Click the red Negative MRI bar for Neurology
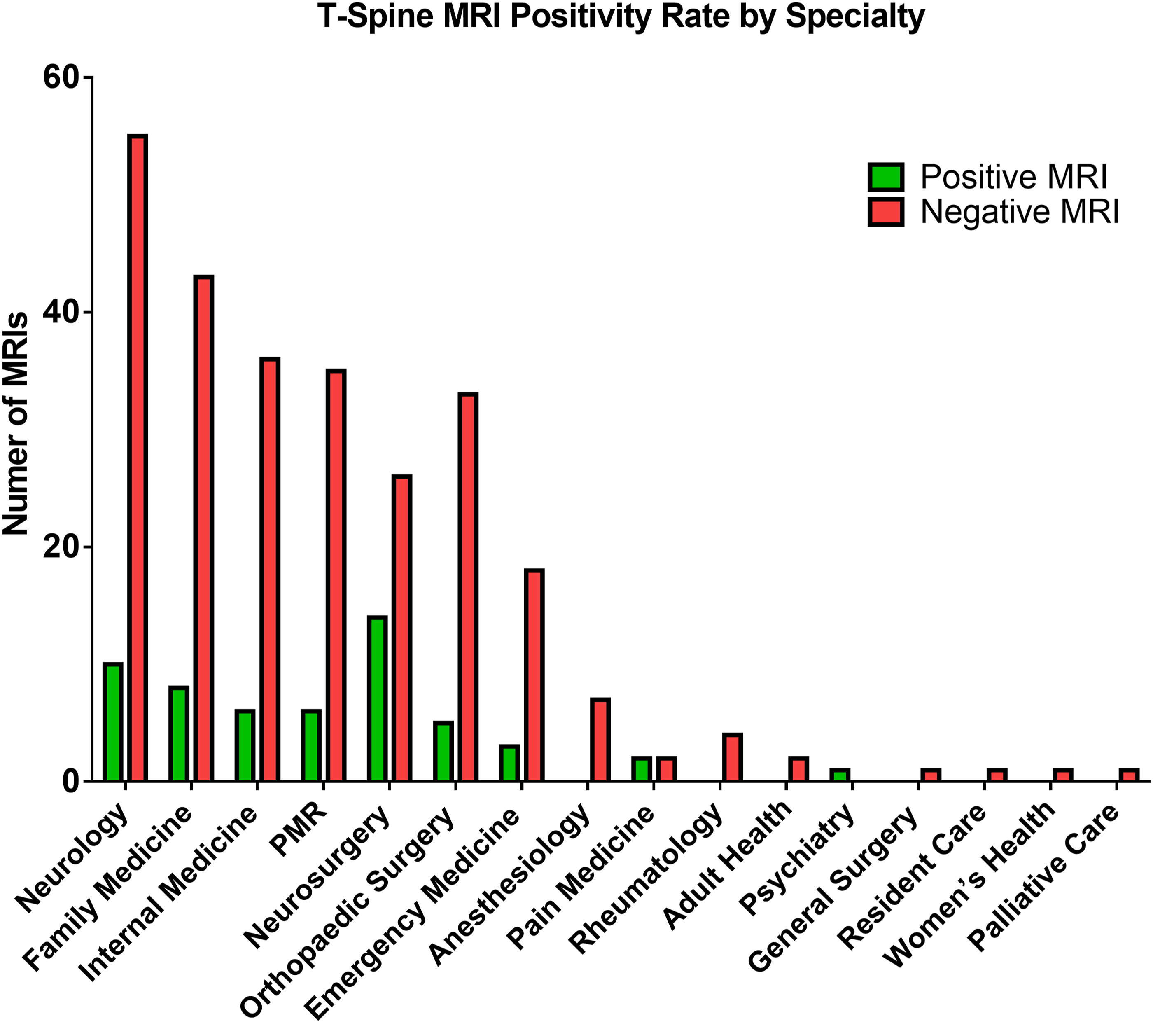(138, 458)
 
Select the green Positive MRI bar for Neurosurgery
(377, 699)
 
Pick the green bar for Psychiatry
(839, 775)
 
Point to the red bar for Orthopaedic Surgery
(468, 587)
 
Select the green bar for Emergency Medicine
(509, 764)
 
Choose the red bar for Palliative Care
(1129, 775)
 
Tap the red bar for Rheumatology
(732, 758)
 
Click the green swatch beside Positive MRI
(886, 177)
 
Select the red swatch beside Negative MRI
(886, 212)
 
